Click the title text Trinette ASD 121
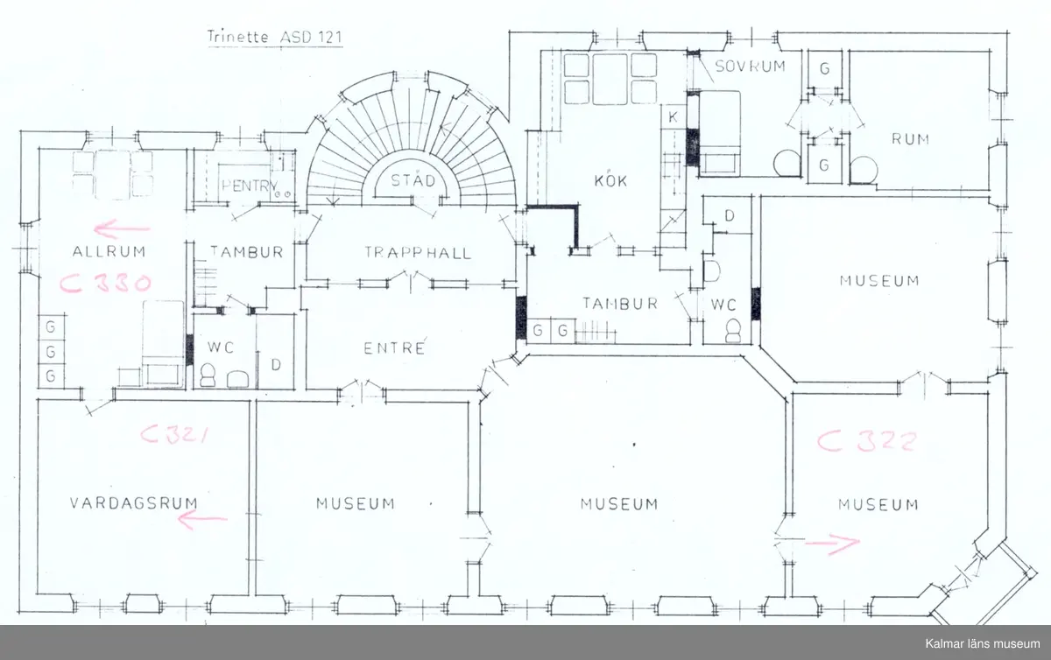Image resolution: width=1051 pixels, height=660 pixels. tap(272, 37)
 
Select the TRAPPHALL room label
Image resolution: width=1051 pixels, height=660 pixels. tap(418, 253)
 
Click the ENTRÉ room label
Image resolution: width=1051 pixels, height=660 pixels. tap(394, 348)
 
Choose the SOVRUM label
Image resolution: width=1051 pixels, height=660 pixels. tap(749, 67)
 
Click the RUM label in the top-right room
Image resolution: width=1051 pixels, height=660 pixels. tap(910, 139)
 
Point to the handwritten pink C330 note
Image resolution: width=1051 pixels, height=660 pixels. tap(105, 284)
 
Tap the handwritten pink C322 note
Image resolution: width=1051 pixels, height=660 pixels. tap(867, 441)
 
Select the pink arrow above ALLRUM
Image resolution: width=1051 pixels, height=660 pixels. tap(123, 230)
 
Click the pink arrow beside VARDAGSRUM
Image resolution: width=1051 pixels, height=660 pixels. tap(202, 520)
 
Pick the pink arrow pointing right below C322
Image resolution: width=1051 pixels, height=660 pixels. tap(832, 544)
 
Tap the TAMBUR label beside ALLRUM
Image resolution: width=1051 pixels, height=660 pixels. tap(246, 252)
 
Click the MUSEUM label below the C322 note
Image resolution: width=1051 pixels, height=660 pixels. tap(878, 504)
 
